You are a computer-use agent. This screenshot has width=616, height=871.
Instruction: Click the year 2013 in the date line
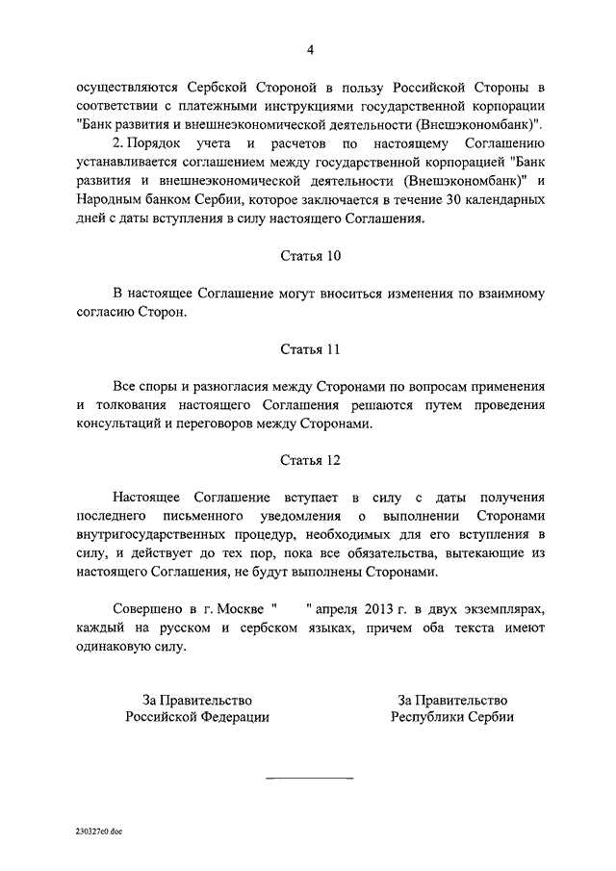pyautogui.click(x=382, y=609)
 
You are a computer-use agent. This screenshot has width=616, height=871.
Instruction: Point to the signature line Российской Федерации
pyautogui.click(x=196, y=717)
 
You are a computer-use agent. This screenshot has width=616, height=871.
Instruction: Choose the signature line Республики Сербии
pyautogui.click(x=452, y=717)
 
